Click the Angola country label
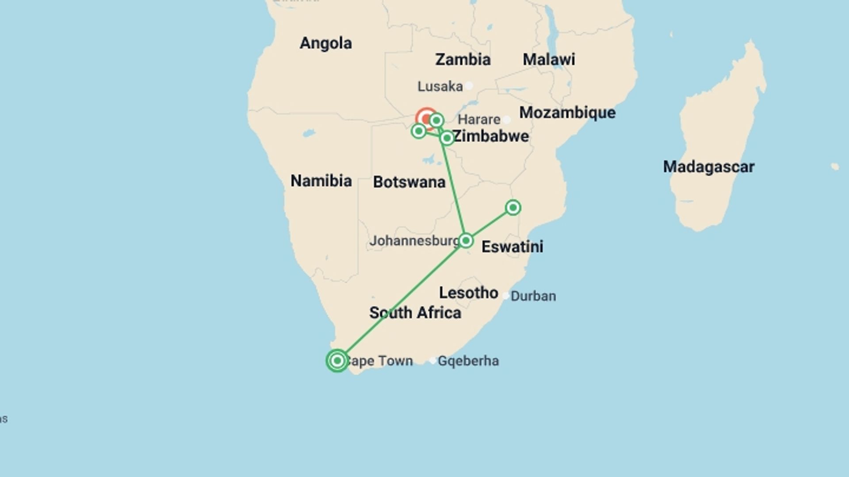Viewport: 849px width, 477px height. tap(326, 43)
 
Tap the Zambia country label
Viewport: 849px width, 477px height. tap(463, 60)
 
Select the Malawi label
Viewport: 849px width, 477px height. tap(549, 60)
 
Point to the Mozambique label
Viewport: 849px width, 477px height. tap(567, 113)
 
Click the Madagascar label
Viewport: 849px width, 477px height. tap(708, 167)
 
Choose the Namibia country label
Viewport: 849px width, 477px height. tap(321, 181)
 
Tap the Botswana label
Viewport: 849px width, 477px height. tap(409, 182)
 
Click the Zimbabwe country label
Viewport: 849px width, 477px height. tap(491, 136)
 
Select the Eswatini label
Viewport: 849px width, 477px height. tap(512, 246)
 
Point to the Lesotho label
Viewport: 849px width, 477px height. tap(468, 293)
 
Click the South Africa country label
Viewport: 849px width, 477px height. tap(415, 313)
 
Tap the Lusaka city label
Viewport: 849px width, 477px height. tap(440, 87)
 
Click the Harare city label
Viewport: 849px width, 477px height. tap(479, 120)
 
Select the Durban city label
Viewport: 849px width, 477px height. tap(533, 296)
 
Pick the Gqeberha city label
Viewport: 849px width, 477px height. tap(468, 361)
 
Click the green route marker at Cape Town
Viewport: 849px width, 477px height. tap(337, 361)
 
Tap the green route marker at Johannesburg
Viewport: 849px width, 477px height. tap(466, 241)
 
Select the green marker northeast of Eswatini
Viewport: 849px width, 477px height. tap(513, 208)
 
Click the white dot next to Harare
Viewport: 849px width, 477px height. tap(507, 120)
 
